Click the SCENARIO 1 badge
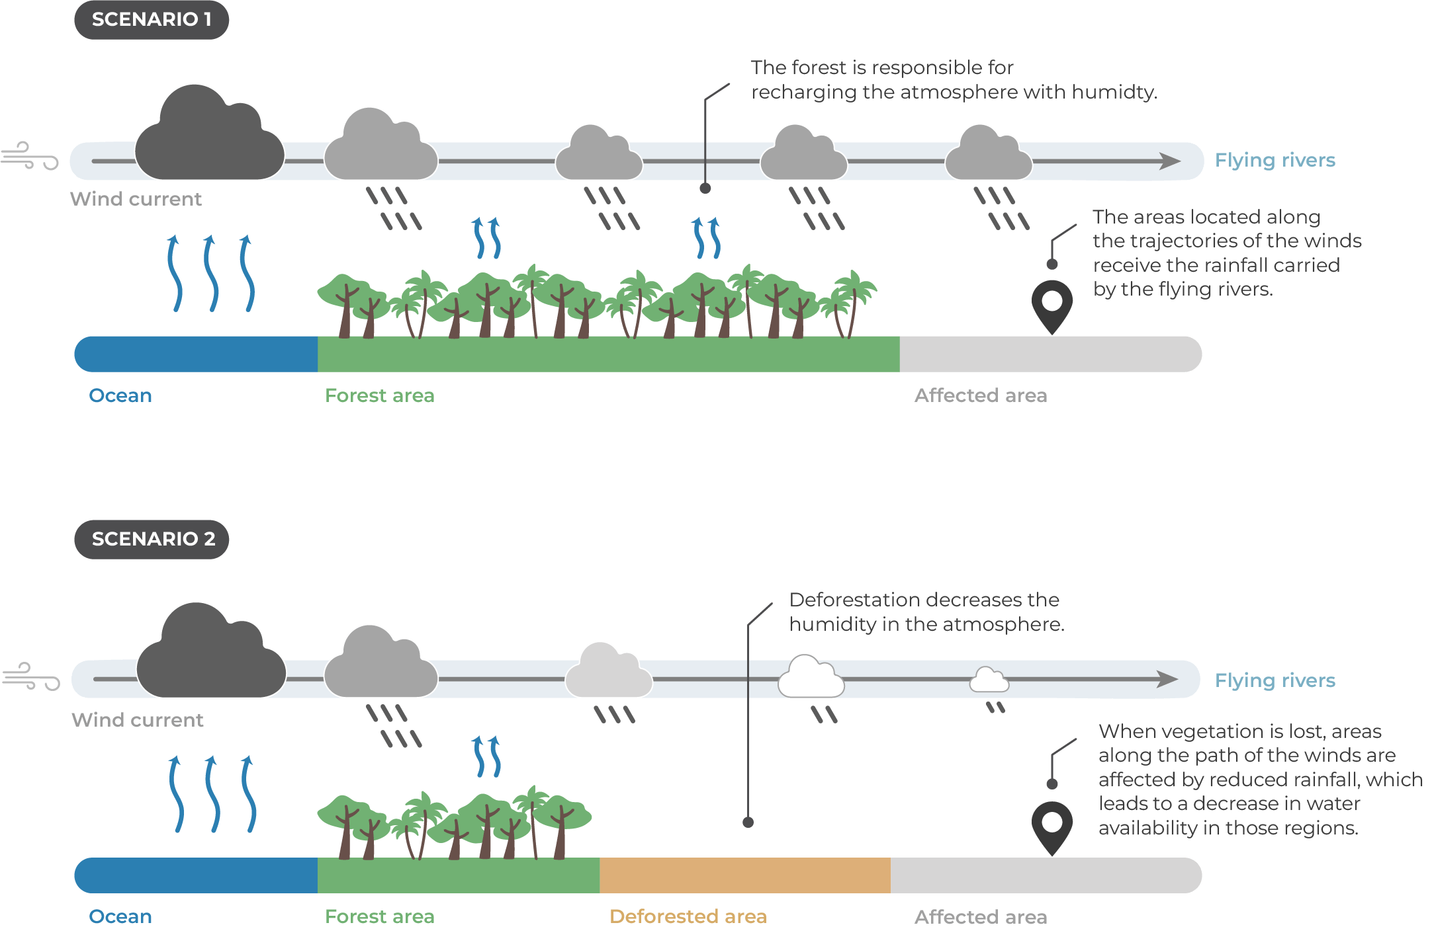[x=152, y=20]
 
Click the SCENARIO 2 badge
[x=152, y=540]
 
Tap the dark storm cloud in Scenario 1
[x=209, y=139]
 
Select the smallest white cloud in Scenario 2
[x=989, y=680]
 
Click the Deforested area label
[x=688, y=916]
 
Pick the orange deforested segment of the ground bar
[x=744, y=875]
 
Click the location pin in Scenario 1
[x=1052, y=305]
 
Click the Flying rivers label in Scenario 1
[x=1275, y=160]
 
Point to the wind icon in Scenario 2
[x=30, y=676]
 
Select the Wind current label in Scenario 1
[x=136, y=199]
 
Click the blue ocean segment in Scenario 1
[x=196, y=354]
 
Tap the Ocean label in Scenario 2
[x=120, y=916]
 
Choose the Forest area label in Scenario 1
[x=379, y=395]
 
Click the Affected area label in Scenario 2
[x=980, y=917]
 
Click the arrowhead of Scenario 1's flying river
[x=1169, y=161]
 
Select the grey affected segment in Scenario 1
[x=1050, y=354]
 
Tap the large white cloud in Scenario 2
[x=811, y=678]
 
